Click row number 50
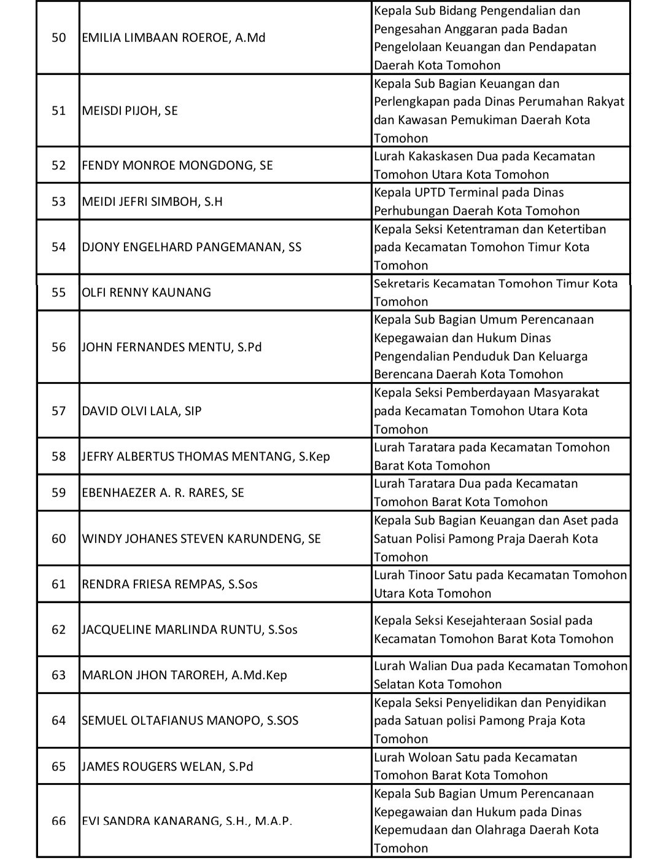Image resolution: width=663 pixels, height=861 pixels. [58, 38]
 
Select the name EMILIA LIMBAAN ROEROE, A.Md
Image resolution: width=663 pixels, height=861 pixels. [173, 38]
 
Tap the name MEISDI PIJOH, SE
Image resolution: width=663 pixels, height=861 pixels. [130, 111]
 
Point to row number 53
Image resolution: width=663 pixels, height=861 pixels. [58, 201]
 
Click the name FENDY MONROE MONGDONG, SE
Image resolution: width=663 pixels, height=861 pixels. [177, 165]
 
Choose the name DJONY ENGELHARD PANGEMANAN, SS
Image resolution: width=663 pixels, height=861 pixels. [192, 247]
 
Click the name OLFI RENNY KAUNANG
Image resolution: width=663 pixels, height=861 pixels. [146, 292]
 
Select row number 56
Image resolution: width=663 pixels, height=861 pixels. [58, 347]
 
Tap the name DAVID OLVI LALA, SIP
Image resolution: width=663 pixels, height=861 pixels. [141, 411]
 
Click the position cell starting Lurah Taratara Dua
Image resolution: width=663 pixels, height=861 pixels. [476, 493]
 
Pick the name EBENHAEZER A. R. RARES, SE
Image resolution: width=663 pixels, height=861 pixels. [163, 493]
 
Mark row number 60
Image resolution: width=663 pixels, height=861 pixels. [58, 539]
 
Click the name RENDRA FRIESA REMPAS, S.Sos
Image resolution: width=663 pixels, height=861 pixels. [169, 584]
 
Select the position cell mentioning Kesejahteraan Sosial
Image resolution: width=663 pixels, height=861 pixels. [494, 629]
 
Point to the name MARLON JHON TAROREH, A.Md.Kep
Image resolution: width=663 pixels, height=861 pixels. [184, 675]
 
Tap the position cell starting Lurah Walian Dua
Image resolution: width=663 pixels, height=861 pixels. [500, 675]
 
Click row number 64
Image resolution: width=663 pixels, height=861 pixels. [58, 720]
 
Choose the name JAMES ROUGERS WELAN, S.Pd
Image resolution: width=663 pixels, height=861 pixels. [167, 766]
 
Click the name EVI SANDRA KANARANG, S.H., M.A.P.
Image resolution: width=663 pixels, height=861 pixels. [187, 821]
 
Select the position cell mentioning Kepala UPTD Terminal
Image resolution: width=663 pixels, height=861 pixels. [476, 201]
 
